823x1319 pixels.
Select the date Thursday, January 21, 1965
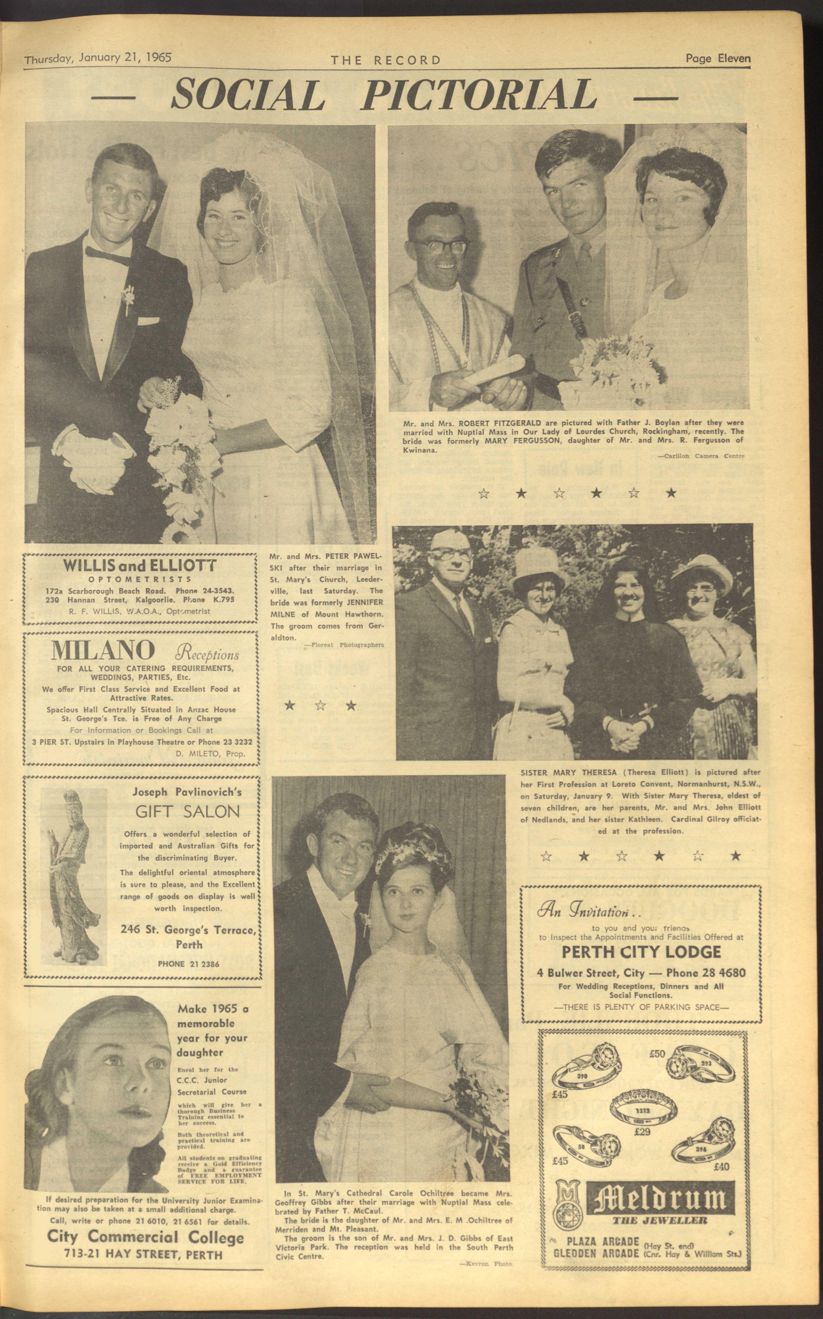coord(98,58)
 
